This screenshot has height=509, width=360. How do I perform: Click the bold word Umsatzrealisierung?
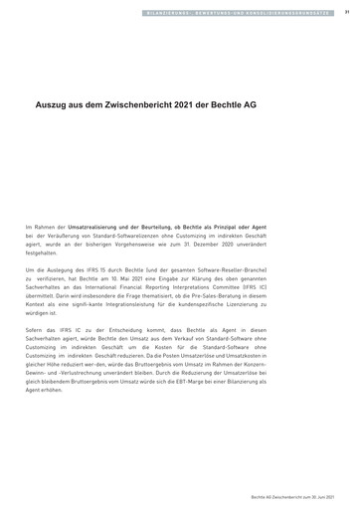coord(113,228)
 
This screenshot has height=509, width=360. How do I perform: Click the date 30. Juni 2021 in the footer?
coord(333,494)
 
